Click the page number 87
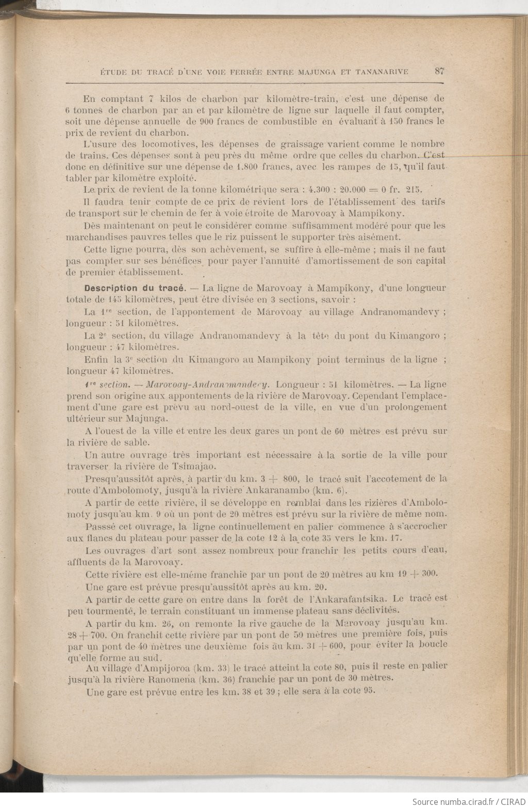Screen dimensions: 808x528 [439, 71]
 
